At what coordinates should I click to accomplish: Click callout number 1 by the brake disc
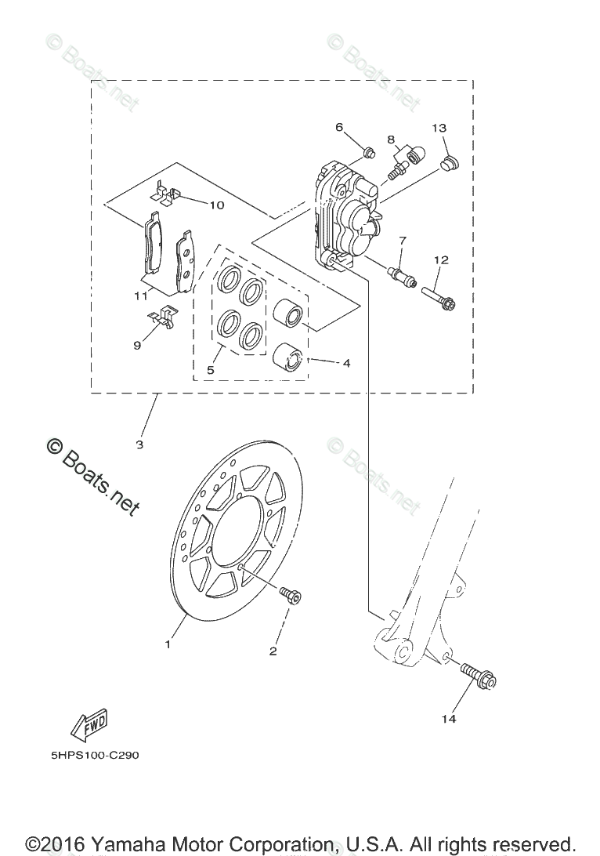[167, 644]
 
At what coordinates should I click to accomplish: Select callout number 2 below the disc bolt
[273, 651]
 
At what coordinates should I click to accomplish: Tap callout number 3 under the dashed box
[139, 444]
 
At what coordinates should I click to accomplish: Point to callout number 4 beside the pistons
[345, 363]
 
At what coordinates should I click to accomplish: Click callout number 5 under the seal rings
[211, 369]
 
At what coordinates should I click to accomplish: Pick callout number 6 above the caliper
[339, 127]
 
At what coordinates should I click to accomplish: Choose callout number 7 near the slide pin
[403, 240]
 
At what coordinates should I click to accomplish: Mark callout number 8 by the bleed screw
[390, 140]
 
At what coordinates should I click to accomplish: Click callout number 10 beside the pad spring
[217, 205]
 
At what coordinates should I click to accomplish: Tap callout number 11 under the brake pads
[141, 296]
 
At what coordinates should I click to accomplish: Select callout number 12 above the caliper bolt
[441, 259]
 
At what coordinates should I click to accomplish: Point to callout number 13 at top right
[439, 128]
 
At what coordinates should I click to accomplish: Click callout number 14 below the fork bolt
[448, 718]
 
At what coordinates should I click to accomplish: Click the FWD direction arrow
[89, 726]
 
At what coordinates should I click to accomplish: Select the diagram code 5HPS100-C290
[91, 757]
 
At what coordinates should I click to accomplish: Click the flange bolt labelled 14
[478, 676]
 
